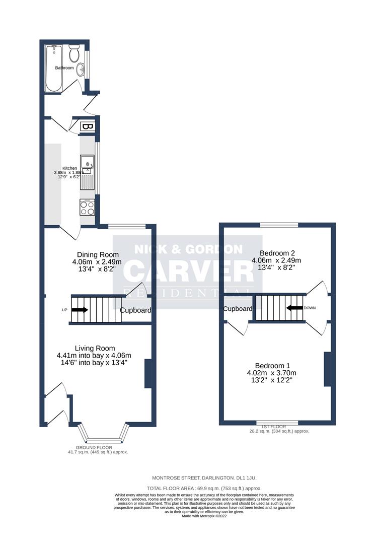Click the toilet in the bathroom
(x=74, y=52)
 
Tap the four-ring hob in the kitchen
(x=87, y=207)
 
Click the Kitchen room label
(x=69, y=168)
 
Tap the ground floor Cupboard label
(x=135, y=310)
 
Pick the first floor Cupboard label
(x=238, y=309)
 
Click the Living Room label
(x=95, y=348)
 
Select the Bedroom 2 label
(x=276, y=253)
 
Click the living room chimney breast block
(x=147, y=373)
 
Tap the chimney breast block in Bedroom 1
(x=327, y=369)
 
